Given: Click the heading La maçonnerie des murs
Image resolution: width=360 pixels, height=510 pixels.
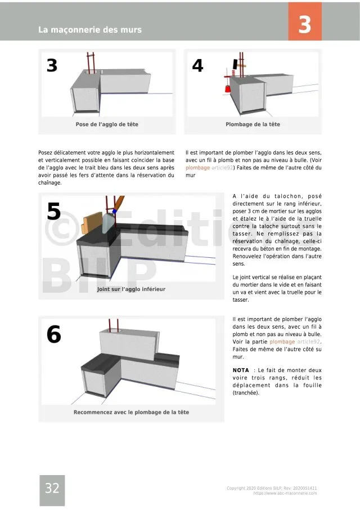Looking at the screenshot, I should [x=90, y=29].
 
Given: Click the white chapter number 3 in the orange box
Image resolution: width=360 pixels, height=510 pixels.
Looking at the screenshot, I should [x=304, y=25].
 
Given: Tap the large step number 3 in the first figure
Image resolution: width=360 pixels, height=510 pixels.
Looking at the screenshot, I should [x=52, y=66].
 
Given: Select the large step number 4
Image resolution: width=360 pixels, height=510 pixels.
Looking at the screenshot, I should [x=197, y=66].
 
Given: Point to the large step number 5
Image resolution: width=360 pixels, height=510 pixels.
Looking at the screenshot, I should [x=53, y=212].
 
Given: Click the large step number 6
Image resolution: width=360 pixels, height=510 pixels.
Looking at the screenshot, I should [x=53, y=335].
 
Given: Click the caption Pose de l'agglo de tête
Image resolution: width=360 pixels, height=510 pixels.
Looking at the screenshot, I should [x=107, y=124].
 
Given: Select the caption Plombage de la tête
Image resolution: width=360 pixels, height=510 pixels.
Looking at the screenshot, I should [x=253, y=124].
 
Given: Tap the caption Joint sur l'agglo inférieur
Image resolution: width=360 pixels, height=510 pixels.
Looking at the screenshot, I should [x=131, y=289].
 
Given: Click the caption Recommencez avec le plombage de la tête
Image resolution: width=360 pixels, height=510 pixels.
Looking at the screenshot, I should [x=131, y=412].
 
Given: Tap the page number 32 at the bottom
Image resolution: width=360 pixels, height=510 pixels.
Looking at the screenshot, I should [x=52, y=489].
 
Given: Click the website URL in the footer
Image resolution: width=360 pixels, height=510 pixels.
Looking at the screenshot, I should [x=285, y=493].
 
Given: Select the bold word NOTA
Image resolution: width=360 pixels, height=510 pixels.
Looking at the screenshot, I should [x=241, y=370].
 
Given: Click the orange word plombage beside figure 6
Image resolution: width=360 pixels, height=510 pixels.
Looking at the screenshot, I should [x=282, y=342].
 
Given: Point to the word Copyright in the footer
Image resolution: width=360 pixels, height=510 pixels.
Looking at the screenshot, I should [x=238, y=488].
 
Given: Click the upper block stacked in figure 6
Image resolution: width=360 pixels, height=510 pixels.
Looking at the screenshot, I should [x=127, y=345].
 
